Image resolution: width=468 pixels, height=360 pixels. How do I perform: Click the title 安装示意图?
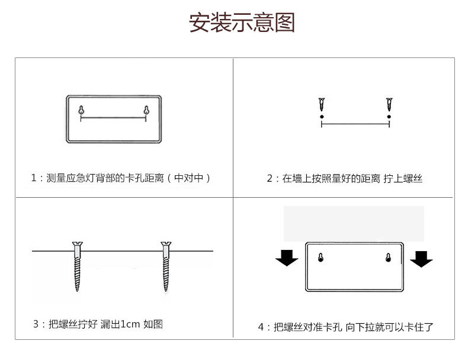(x=242, y=22)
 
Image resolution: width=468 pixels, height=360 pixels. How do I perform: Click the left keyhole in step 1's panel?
(x=81, y=110)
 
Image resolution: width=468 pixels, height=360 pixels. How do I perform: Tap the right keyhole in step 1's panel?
(x=146, y=110)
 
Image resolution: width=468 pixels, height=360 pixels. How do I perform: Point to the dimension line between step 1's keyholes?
(x=113, y=118)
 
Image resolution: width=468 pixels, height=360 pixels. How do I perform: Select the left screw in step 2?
(x=322, y=104)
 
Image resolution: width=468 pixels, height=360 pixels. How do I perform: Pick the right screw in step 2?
(x=389, y=104)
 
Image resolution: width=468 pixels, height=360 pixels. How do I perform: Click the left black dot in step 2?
(x=322, y=117)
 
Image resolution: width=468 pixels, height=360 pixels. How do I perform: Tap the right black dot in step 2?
(x=389, y=117)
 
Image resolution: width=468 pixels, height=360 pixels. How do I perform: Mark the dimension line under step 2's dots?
(x=355, y=124)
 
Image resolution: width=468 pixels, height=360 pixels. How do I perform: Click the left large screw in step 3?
(x=77, y=266)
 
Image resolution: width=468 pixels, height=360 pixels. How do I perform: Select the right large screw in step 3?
(x=166, y=266)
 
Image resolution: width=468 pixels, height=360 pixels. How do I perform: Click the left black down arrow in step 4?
(x=287, y=258)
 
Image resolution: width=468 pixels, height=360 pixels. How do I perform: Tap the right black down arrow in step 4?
(x=421, y=259)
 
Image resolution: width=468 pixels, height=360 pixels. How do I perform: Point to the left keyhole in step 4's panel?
(x=320, y=258)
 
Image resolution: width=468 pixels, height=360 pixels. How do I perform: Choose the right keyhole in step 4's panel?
(x=388, y=258)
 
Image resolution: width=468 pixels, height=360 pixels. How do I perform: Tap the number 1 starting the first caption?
(x=34, y=178)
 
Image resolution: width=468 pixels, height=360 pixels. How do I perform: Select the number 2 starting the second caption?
(x=270, y=178)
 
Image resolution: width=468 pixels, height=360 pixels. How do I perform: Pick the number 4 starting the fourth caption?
(x=261, y=327)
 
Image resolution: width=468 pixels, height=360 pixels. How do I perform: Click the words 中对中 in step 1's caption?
(x=188, y=178)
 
